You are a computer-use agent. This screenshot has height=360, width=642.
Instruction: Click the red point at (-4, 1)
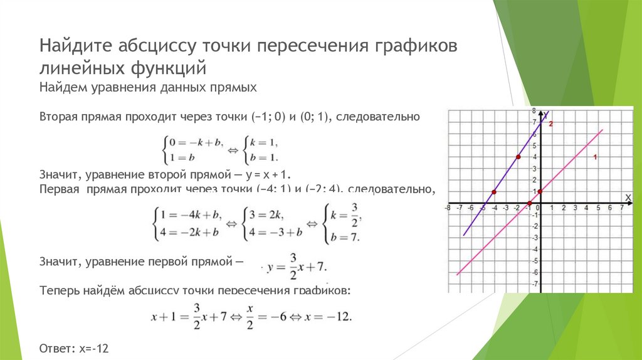494,191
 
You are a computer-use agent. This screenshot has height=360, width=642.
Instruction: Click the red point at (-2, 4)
518,157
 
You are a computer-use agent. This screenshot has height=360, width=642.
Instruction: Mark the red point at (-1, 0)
530,203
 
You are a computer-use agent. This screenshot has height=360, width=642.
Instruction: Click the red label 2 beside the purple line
550,124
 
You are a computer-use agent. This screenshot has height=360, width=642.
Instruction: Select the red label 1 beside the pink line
594,156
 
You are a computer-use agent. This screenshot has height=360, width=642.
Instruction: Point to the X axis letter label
628,198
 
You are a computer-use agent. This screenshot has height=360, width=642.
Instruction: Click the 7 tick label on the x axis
621,208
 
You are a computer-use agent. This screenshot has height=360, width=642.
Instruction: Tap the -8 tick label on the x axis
448,208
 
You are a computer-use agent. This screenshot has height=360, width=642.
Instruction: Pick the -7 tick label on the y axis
535,284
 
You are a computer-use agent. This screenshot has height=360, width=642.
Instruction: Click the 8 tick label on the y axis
534,111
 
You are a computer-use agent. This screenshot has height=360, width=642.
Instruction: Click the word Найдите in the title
77,46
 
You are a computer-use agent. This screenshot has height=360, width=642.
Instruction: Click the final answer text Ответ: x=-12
78,347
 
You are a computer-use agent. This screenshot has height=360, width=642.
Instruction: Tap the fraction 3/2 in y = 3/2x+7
292,262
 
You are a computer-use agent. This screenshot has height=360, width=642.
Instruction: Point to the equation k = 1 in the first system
263,143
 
